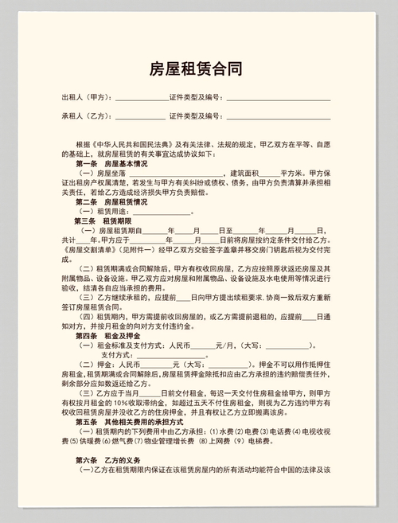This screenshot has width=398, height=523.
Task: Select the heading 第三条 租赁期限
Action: click(100, 221)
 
